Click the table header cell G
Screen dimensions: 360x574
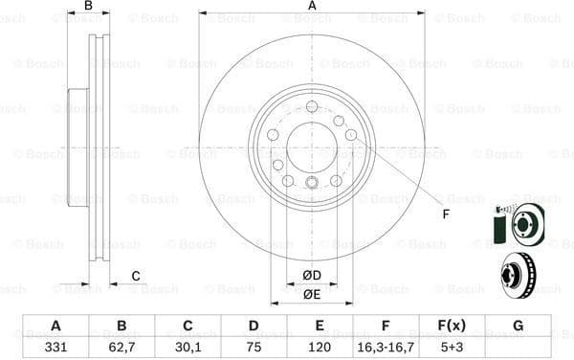tap(518, 326)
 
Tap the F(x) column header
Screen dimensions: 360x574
tap(451, 326)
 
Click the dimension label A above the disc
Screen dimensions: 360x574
tap(312, 7)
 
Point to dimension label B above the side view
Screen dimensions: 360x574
tap(88, 7)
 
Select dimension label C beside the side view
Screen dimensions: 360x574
tap(136, 277)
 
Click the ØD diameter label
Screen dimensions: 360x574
tap(312, 277)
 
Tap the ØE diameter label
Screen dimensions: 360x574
tap(312, 294)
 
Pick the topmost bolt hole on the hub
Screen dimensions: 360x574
tap(312, 106)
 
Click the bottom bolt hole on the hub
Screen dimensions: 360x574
tap(312, 183)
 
